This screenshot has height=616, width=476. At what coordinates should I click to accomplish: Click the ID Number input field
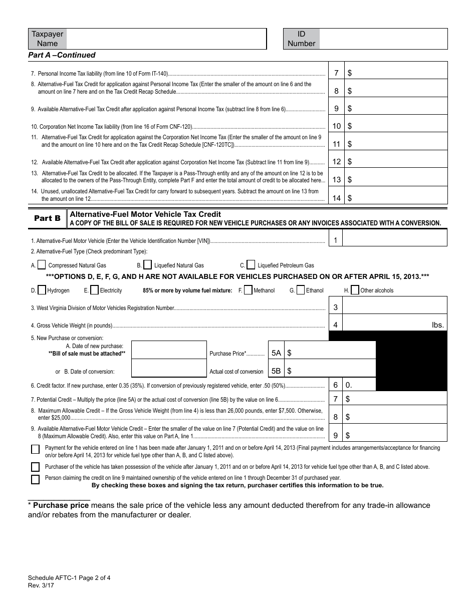point(383,39)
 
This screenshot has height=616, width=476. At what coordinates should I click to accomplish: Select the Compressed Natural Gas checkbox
point(42,265)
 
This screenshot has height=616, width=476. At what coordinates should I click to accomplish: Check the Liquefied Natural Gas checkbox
point(148,265)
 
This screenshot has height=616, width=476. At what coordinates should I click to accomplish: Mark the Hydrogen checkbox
point(42,290)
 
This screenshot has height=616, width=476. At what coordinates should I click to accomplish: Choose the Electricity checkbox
point(94,290)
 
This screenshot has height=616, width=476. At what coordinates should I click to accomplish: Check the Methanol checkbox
point(248,290)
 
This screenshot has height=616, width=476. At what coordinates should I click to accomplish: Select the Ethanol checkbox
point(301,290)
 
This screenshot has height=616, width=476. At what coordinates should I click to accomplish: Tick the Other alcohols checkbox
point(355,290)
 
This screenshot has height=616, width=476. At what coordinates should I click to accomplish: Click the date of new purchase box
point(169,350)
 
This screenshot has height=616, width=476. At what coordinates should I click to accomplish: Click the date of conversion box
point(169,371)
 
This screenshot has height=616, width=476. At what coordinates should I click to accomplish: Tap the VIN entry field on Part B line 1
point(395,240)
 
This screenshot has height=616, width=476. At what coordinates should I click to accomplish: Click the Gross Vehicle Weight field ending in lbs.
point(386,325)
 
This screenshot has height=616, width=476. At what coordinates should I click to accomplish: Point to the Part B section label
point(47,218)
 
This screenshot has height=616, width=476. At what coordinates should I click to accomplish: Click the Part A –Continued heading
point(62,55)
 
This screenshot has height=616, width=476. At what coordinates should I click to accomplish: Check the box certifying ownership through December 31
point(35,479)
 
